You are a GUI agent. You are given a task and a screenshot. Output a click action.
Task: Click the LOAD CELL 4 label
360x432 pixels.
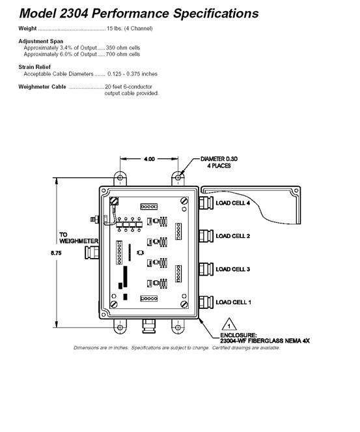click(x=233, y=203)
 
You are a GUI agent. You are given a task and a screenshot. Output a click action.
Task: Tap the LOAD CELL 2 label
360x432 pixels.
click(x=233, y=236)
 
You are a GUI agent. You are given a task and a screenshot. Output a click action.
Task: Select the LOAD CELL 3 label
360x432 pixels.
click(x=233, y=269)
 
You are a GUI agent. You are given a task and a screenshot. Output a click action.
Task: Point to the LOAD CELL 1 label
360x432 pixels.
click(x=234, y=302)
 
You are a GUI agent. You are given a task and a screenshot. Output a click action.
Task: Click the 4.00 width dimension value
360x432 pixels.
click(x=149, y=159)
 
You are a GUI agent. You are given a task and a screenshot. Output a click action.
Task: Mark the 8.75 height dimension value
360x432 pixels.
click(x=56, y=253)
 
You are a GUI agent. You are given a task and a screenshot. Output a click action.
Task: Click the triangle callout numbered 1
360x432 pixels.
click(x=229, y=324)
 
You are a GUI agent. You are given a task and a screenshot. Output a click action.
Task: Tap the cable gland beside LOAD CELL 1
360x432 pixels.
click(x=206, y=302)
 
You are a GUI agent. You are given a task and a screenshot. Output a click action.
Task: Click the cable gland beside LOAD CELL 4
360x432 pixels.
click(x=206, y=203)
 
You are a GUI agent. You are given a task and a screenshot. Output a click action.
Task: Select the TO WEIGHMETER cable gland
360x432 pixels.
click(x=92, y=253)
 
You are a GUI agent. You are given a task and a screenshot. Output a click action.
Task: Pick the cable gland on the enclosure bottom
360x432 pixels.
click(x=149, y=326)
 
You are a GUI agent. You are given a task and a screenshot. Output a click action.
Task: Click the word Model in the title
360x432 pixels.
click(x=38, y=13)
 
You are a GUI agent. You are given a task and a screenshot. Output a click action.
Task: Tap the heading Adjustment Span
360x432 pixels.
click(x=41, y=41)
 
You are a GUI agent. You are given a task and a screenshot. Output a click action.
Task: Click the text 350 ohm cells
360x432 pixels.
click(x=123, y=48)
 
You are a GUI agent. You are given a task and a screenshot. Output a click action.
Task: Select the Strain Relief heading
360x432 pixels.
click(x=35, y=67)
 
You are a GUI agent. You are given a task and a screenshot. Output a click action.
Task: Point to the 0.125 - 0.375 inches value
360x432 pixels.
click(x=132, y=74)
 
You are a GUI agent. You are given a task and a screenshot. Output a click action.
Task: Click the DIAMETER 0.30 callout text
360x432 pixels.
click(x=219, y=159)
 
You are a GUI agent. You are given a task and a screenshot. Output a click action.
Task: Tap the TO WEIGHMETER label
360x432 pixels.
click(x=79, y=238)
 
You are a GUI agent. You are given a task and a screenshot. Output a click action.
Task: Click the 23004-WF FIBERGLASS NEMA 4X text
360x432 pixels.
click(x=265, y=341)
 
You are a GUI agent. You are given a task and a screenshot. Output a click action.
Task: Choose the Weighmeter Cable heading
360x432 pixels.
click(x=42, y=87)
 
